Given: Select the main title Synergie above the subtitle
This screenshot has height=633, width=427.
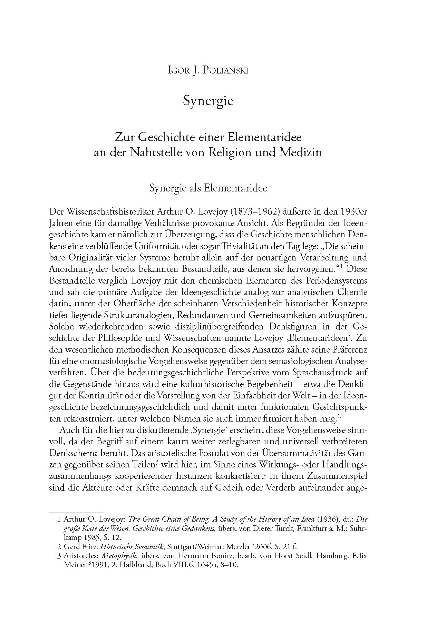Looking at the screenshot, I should point(208,101).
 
